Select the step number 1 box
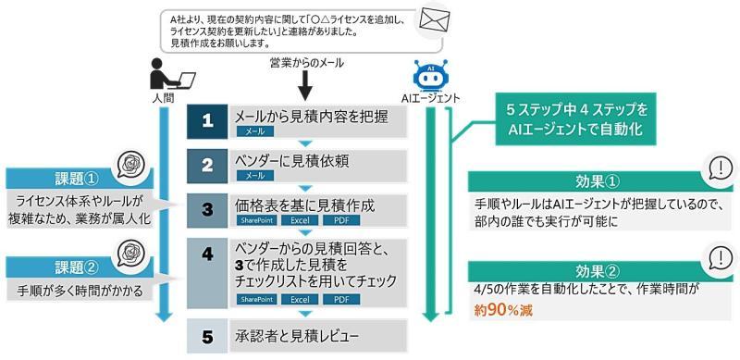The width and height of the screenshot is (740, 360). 208,121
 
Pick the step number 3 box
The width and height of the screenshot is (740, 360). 208,209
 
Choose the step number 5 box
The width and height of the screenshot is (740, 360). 208,336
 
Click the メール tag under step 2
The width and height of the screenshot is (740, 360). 255,175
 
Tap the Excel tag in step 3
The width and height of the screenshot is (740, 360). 299,221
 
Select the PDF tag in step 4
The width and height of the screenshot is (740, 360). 340,300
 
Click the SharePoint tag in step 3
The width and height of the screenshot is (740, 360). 255,221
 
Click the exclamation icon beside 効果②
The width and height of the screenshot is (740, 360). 718,256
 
